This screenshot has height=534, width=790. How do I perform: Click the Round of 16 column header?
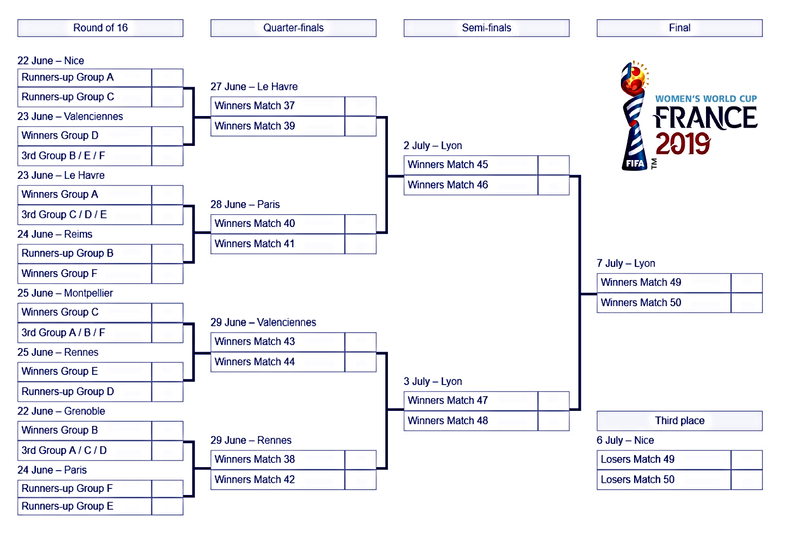pos(100,28)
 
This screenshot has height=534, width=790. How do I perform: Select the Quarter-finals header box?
pos(293,28)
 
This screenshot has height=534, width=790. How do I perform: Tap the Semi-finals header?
pos(486,28)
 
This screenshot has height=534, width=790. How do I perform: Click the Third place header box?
pos(679,421)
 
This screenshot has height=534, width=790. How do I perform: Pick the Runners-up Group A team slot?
pos(85,78)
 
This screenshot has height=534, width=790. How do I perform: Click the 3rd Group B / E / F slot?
pos(85,156)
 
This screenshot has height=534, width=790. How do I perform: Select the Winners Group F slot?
pos(85,274)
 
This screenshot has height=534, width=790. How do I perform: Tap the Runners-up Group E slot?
pos(85,506)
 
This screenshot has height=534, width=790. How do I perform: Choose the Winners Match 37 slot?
pos(278,106)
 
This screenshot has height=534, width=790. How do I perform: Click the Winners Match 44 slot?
pos(278,362)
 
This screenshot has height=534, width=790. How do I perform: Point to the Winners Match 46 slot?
pos(470,185)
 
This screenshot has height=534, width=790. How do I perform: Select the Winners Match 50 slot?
pos(663,302)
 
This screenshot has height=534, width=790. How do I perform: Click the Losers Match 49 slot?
pos(663,460)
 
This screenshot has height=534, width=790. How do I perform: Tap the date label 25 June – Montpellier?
pos(65,293)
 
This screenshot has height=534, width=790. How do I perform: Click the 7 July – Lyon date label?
pos(626,263)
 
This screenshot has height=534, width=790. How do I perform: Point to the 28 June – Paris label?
pos(245,205)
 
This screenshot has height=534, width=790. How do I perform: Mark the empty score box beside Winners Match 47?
pos(554,401)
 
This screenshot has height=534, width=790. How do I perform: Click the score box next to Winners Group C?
pos(167,313)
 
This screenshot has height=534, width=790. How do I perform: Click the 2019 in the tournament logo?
pos(683,144)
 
